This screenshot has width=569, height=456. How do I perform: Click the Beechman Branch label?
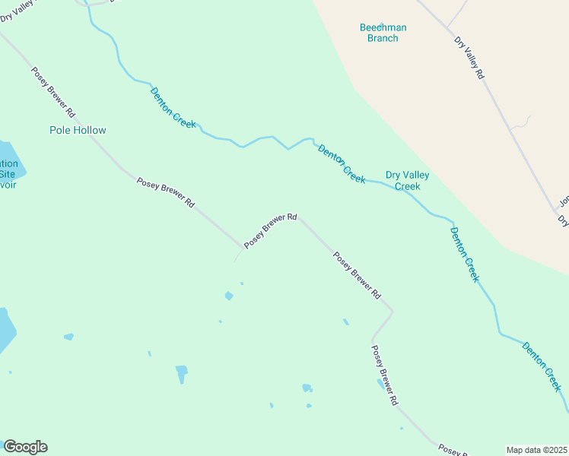click(383, 33)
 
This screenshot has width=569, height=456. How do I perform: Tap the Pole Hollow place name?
click(78, 130)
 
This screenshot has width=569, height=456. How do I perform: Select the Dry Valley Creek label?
click(407, 180)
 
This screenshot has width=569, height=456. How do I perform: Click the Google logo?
click(25, 447)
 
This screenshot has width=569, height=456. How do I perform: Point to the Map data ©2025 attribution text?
click(536, 450)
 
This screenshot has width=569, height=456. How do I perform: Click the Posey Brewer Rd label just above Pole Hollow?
click(53, 92)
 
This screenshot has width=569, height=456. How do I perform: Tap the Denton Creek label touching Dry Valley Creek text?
click(342, 163)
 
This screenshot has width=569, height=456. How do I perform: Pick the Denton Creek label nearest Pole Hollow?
click(173, 107)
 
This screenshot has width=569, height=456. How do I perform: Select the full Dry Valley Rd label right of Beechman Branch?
click(469, 59)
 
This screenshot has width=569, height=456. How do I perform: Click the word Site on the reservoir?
click(7, 174)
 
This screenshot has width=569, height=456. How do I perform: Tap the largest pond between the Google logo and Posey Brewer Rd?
click(182, 374)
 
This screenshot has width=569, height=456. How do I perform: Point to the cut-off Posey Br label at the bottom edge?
click(453, 450)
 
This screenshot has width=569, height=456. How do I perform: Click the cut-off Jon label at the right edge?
click(564, 202)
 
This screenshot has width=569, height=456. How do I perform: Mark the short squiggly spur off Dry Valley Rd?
click(521, 122)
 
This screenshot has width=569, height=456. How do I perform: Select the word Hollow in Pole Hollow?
click(90, 130)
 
